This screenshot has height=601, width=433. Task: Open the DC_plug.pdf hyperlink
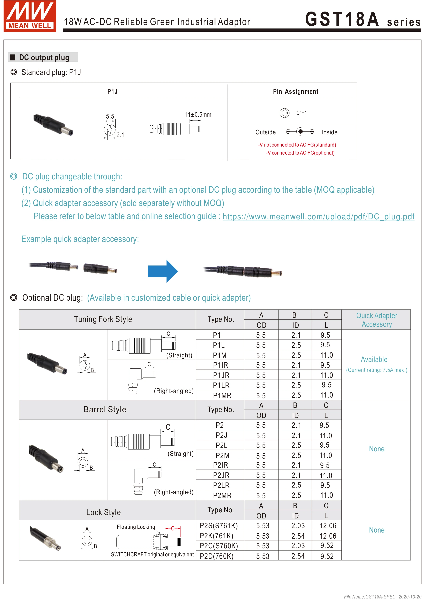coord(318,217)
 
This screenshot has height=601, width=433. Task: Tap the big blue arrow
coord(163,271)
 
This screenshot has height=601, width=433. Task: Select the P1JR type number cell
coord(221,375)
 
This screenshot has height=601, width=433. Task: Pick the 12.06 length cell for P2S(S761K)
coord(327,526)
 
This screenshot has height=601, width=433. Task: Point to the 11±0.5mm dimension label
coord(198,114)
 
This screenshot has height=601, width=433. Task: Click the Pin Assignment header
coord(295,91)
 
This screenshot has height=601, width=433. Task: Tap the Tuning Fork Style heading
coord(103,319)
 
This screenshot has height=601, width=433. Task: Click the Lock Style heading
coord(103,512)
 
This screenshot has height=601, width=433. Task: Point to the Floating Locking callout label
coord(136,527)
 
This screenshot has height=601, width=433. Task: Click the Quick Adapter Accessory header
coord(377,320)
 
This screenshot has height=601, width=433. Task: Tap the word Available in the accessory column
coord(374,359)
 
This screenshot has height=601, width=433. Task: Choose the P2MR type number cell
coord(222,495)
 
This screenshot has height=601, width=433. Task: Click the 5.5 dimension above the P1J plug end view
coord(110,116)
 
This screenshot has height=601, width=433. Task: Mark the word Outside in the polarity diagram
coord(265,132)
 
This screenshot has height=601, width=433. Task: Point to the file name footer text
coord(382,597)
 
